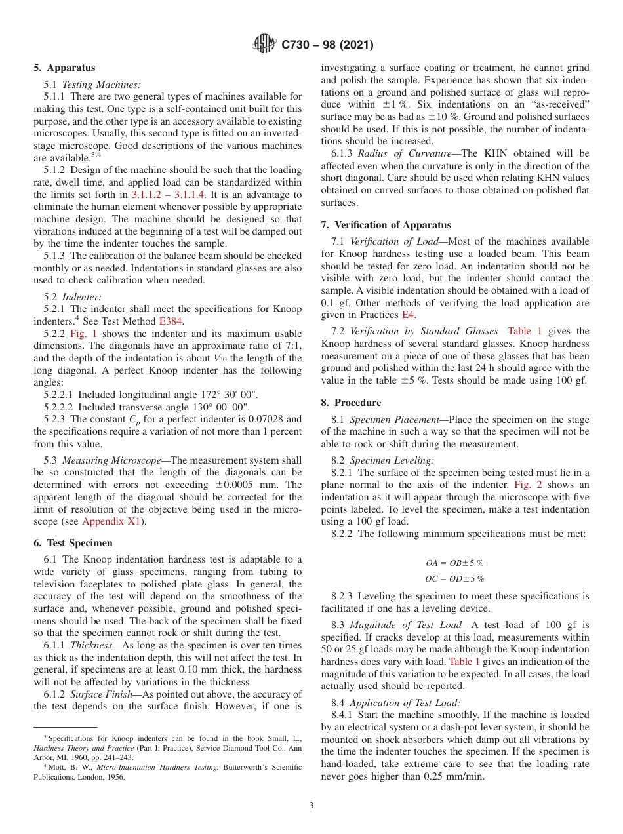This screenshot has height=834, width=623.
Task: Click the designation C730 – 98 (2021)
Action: (327, 45)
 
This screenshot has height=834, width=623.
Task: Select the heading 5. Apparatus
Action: (64, 68)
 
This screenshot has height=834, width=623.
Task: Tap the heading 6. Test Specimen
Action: (73, 543)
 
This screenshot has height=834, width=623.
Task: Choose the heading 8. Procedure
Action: (351, 403)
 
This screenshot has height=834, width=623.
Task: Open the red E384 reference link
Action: (172, 321)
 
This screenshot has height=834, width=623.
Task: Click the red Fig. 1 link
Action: (83, 334)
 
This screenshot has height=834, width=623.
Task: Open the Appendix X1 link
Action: (111, 521)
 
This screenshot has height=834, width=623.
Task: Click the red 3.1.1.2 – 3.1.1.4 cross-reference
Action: (169, 195)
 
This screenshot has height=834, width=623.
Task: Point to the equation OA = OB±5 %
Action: (454, 563)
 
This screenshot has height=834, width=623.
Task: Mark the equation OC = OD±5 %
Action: (454, 578)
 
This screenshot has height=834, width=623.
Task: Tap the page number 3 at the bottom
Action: (311, 806)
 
